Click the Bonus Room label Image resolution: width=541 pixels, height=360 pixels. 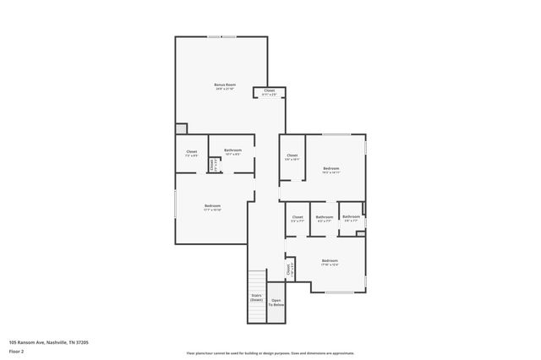(x=224, y=85)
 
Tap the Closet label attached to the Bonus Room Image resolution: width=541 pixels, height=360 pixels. (x=269, y=90)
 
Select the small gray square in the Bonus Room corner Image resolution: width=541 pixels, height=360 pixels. (x=181, y=128)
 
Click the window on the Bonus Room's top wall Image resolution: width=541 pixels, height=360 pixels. (x=222, y=36)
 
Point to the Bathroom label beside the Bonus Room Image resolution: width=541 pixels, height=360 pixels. (x=232, y=150)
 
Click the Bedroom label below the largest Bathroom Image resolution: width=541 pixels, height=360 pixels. (x=212, y=206)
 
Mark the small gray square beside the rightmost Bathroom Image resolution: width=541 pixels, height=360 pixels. (x=360, y=233)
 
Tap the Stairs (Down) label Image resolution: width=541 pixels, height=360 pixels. (x=256, y=297)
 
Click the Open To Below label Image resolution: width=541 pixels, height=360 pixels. (x=276, y=302)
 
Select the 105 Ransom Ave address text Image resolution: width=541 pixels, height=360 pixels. (x=48, y=342)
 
